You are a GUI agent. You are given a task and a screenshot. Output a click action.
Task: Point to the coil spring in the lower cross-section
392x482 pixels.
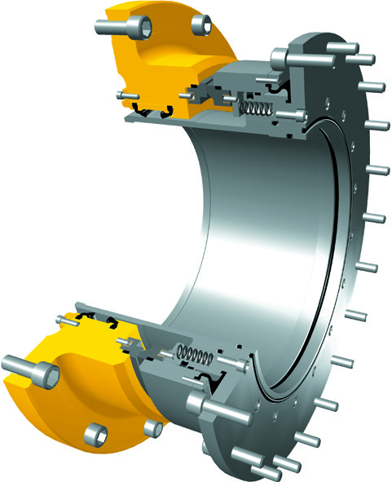(196, 353)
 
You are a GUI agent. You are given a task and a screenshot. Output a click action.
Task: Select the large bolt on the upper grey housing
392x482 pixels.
(281, 58)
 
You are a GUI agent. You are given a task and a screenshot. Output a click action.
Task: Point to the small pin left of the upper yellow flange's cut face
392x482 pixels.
(125, 95)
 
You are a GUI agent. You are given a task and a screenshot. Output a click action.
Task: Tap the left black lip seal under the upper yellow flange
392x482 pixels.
(141, 112)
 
